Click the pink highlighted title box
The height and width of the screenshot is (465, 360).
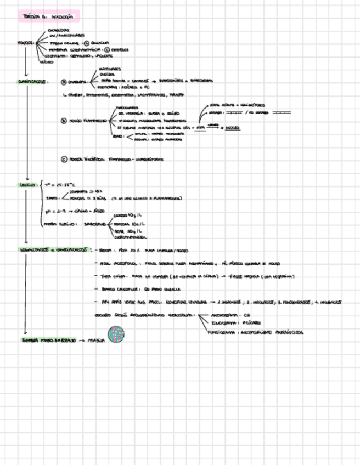(x=48, y=16)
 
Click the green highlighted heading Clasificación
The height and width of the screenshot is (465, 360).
(x=32, y=82)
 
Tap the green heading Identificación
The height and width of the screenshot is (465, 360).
(x=54, y=249)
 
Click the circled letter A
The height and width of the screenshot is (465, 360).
(x=64, y=82)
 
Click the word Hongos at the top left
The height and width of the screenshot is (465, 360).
(x=25, y=42)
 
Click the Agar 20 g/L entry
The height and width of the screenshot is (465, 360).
(x=126, y=231)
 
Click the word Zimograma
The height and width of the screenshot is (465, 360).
(x=224, y=324)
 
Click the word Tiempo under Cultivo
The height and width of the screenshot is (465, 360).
(x=52, y=198)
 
